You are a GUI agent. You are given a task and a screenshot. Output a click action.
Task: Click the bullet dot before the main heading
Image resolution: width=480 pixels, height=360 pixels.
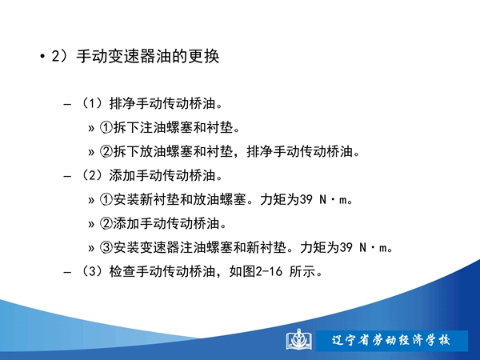pos(42,57)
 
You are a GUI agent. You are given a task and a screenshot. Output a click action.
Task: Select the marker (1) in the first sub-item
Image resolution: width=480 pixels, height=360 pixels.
pos(92,103)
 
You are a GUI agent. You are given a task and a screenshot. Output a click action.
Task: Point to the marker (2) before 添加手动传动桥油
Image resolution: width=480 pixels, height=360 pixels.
pos(92,175)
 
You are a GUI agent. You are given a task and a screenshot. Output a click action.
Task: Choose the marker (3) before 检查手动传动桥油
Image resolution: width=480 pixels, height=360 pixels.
pos(92,271)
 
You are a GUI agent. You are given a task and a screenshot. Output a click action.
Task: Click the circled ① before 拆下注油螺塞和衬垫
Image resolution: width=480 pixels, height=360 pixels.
pos(106,127)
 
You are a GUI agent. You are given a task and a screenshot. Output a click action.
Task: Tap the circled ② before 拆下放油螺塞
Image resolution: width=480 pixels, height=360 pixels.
pos(106,151)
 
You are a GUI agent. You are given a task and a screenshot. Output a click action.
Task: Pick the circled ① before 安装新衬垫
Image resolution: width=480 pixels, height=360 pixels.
pos(106,199)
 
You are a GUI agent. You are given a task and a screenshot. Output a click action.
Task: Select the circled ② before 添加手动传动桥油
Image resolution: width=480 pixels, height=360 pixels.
pos(106,223)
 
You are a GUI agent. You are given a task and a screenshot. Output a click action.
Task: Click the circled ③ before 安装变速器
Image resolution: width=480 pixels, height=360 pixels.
pos(106,247)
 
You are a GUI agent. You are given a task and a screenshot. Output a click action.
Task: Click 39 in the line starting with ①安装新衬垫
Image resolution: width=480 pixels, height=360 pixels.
pos(306,199)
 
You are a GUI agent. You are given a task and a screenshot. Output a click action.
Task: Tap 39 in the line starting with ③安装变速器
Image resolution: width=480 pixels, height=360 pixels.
pos(346,247)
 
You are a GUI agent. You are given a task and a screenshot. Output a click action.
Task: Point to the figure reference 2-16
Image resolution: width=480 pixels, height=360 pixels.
pos(269,271)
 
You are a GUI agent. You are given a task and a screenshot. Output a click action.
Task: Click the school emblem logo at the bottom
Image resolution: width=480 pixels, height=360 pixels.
pos(298,339)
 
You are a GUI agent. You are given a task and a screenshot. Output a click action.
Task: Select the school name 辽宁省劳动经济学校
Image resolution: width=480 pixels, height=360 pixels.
pos(391,341)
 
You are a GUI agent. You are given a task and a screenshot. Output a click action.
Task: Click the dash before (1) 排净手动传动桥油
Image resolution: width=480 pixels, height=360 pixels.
pos(67,105)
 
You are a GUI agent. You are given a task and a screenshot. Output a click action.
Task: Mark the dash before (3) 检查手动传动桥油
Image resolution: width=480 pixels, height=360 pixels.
pos(67,272)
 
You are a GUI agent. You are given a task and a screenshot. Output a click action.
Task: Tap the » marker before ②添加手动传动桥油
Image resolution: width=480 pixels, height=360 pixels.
pos(91,225)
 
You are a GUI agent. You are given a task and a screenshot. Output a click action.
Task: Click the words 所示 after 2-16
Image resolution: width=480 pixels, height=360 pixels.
pos(302,271)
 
